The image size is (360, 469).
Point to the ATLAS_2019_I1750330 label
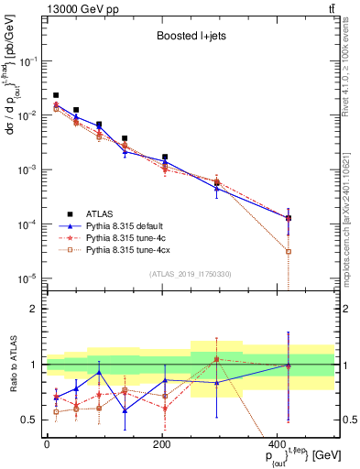point(191,274)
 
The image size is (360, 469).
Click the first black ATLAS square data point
point(56,95)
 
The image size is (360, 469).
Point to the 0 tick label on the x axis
point(47,444)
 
